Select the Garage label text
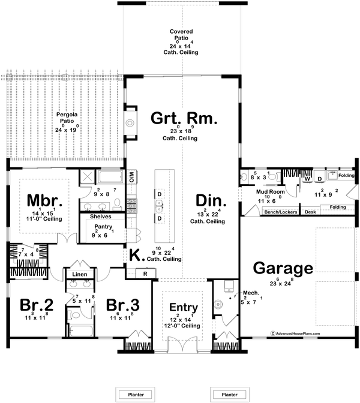click(x=283, y=267)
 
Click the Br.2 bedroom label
click(x=37, y=305)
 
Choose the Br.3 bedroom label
click(x=124, y=305)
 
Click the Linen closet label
click(x=80, y=274)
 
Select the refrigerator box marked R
click(x=145, y=273)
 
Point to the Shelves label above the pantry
click(x=100, y=216)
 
